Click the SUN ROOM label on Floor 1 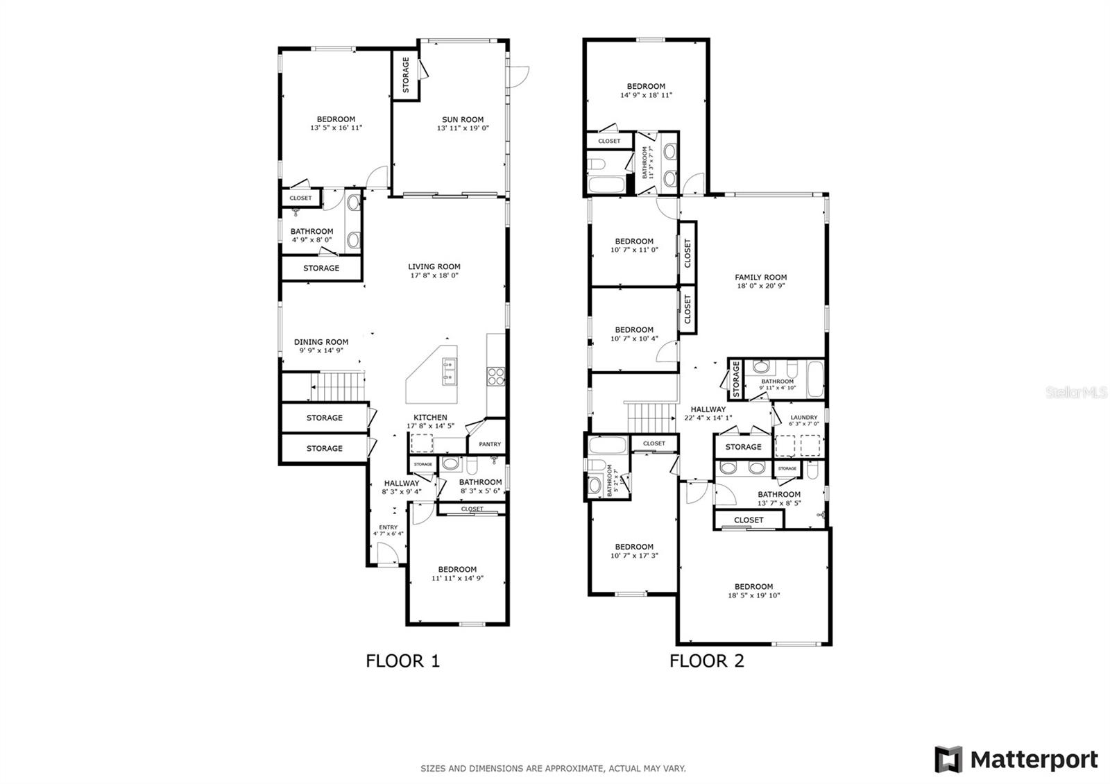tap(462, 119)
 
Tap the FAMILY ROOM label tap(760, 278)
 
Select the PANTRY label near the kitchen tap(490, 444)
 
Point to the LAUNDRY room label tap(804, 417)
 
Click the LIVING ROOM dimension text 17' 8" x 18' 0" tap(434, 275)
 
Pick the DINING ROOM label tap(321, 342)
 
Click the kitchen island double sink tap(450, 371)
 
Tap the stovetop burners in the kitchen tap(496, 376)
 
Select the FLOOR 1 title tap(402, 661)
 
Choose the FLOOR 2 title tap(707, 661)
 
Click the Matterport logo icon tap(948, 759)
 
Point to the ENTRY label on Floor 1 tap(388, 527)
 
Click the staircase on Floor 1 tap(337, 386)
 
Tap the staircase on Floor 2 tap(651, 417)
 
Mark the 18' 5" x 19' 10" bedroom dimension tap(753, 595)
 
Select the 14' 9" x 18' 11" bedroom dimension tap(646, 95)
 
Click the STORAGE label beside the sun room tap(406, 75)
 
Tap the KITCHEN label tap(430, 418)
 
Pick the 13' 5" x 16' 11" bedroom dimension tap(336, 128)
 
